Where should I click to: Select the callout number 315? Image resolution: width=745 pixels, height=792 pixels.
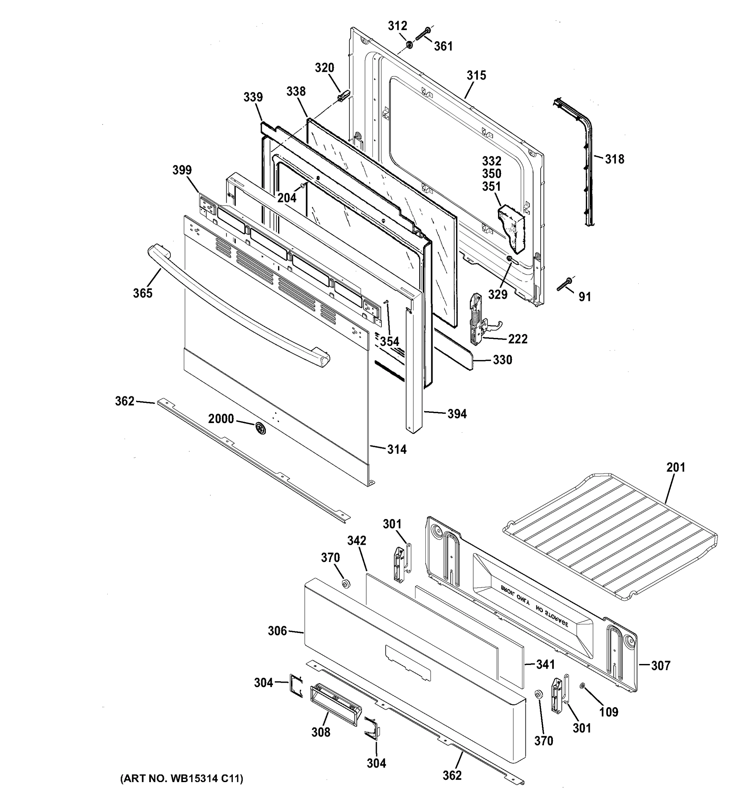476,75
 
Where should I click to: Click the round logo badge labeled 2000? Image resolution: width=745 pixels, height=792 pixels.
260,428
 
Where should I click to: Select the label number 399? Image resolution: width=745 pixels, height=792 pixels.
182,170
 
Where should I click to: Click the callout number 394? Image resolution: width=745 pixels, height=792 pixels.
457,414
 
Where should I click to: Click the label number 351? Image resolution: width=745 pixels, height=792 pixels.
491,186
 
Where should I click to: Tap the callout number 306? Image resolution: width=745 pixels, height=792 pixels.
277,631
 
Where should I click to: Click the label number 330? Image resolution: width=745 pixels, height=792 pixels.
502,360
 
